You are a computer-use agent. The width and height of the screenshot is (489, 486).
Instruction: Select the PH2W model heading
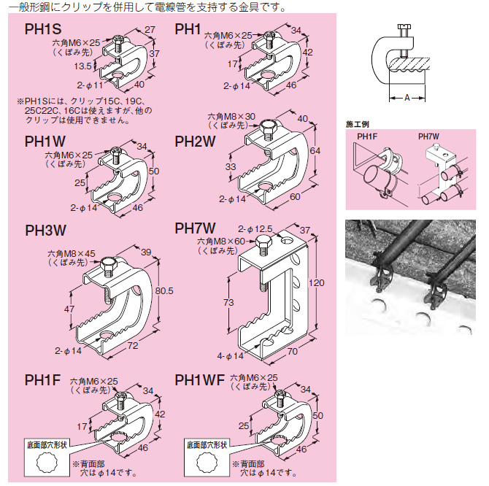pos(195,142)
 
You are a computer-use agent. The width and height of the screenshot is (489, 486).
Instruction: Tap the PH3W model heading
pos(45,231)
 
